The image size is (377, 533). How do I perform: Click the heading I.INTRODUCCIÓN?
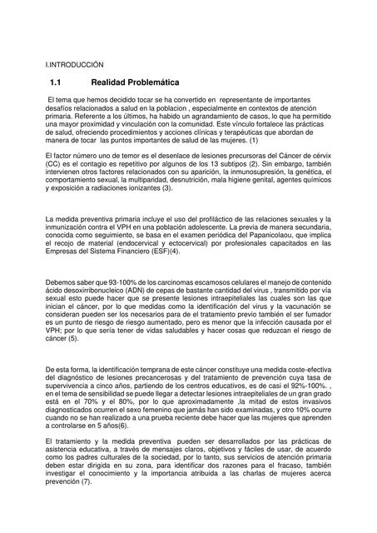pos(74,63)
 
